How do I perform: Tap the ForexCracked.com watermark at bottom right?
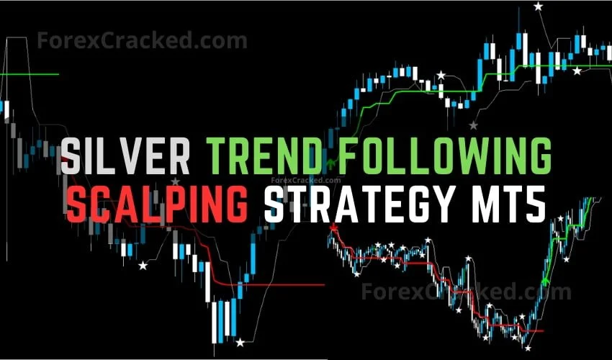464,292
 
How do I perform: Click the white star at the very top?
538,6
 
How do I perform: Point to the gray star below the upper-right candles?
473,125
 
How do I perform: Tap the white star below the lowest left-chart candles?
240,343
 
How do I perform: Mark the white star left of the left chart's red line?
143,266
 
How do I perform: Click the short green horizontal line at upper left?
29,74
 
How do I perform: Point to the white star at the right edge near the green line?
576,71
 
